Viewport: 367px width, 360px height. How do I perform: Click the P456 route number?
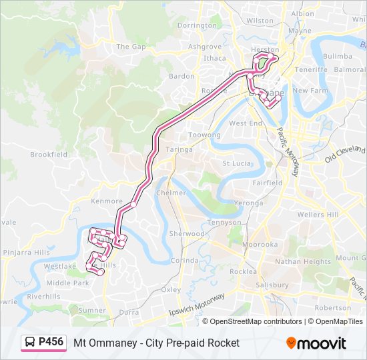click(x=51, y=342)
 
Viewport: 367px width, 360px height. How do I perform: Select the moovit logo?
click(x=316, y=343)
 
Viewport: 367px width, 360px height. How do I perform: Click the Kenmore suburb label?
click(x=107, y=201)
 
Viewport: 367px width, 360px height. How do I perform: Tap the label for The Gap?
click(x=131, y=47)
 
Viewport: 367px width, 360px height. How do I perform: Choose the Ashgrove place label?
click(x=204, y=47)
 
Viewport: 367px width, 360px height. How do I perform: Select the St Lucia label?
click(x=235, y=163)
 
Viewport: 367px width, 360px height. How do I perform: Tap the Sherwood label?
click(x=186, y=234)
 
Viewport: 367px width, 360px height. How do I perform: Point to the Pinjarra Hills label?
click(x=27, y=253)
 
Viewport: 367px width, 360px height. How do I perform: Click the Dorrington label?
click(x=198, y=25)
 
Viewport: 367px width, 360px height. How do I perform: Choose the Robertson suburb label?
click(x=332, y=308)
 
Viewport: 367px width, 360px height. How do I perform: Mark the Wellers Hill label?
click(x=318, y=215)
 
